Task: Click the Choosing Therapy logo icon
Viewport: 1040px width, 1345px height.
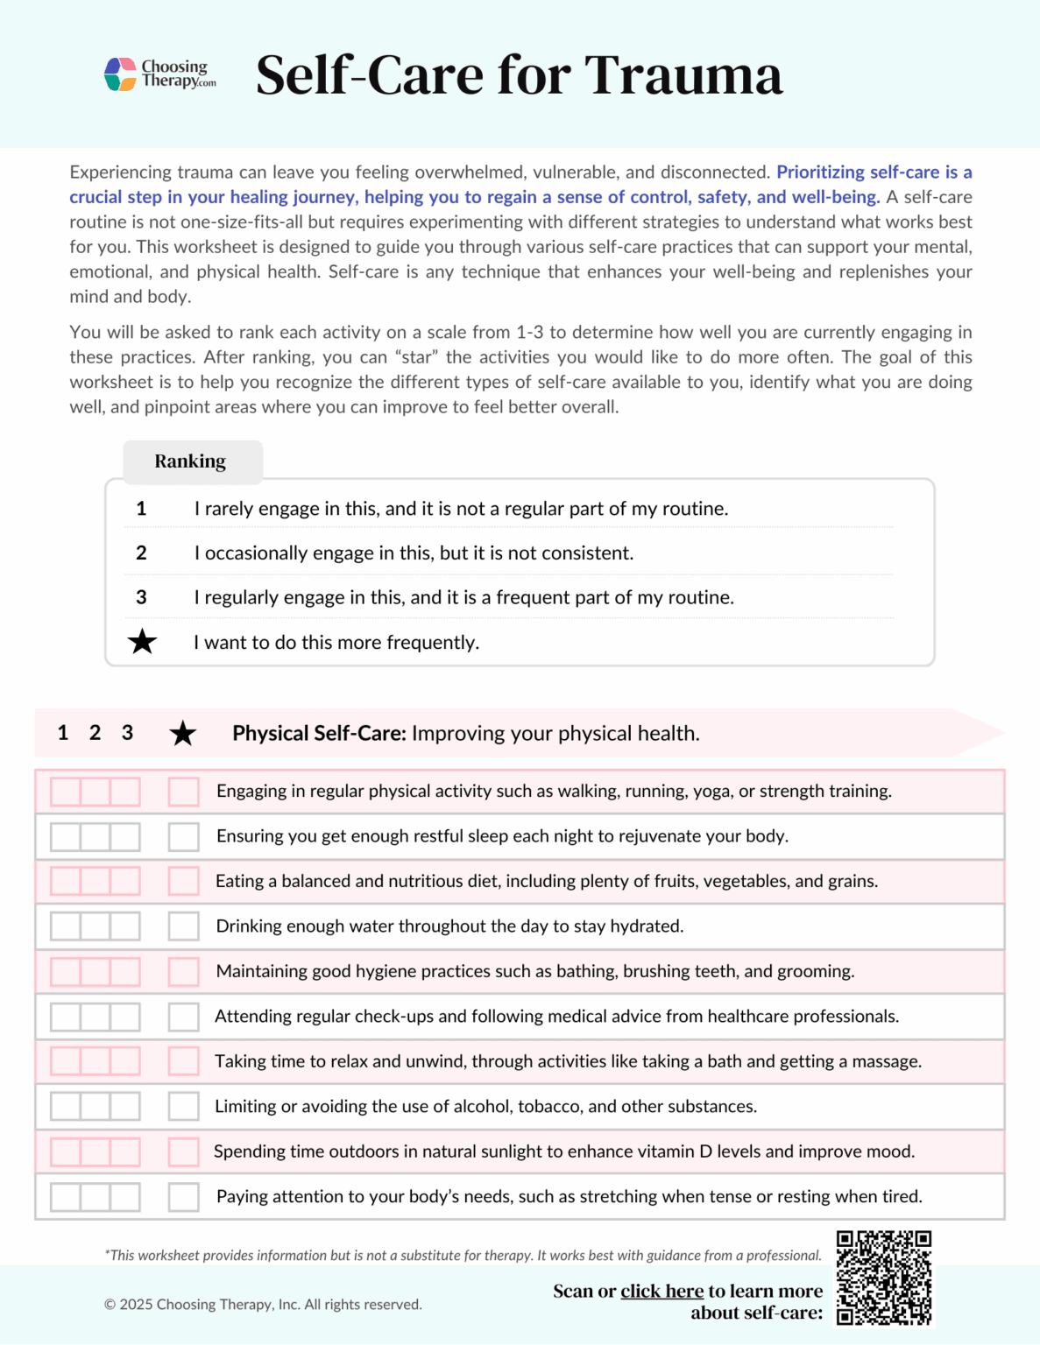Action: [x=120, y=74]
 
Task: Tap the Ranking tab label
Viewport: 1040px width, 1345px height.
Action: [x=190, y=461]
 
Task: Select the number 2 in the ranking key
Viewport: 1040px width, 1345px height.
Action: [x=141, y=553]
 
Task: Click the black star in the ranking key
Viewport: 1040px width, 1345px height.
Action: [x=142, y=642]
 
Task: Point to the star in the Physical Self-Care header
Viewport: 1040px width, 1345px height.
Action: [x=182, y=733]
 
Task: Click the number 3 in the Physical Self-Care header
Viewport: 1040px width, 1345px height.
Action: [x=127, y=733]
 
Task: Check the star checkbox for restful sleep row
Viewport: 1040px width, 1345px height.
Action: [x=183, y=836]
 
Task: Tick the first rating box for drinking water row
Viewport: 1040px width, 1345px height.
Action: [x=65, y=926]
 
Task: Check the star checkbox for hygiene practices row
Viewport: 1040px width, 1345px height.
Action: [x=183, y=971]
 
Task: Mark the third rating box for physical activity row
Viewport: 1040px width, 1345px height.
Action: [x=125, y=792]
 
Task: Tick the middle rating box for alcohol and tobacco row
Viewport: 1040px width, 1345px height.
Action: [x=95, y=1106]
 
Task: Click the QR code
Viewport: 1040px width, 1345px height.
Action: [x=884, y=1278]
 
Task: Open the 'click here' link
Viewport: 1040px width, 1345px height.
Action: [x=661, y=1291]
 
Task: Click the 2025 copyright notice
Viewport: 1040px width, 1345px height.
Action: [x=263, y=1305]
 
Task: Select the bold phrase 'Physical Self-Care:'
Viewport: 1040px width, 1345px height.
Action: [x=319, y=733]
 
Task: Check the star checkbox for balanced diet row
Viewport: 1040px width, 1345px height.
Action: [x=183, y=881]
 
